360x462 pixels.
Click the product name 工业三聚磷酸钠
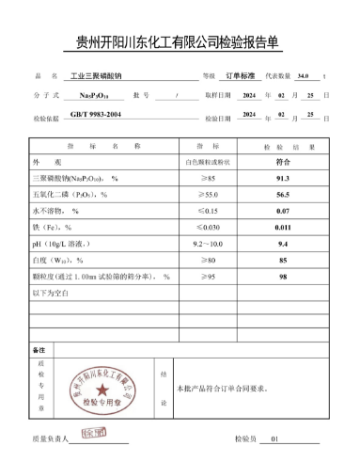coord(98,76)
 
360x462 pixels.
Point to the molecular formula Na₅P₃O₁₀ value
coord(91,96)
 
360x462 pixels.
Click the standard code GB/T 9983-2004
coord(96,115)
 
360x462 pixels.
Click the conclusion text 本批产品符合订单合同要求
coord(221,388)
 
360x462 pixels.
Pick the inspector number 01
coord(275,438)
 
